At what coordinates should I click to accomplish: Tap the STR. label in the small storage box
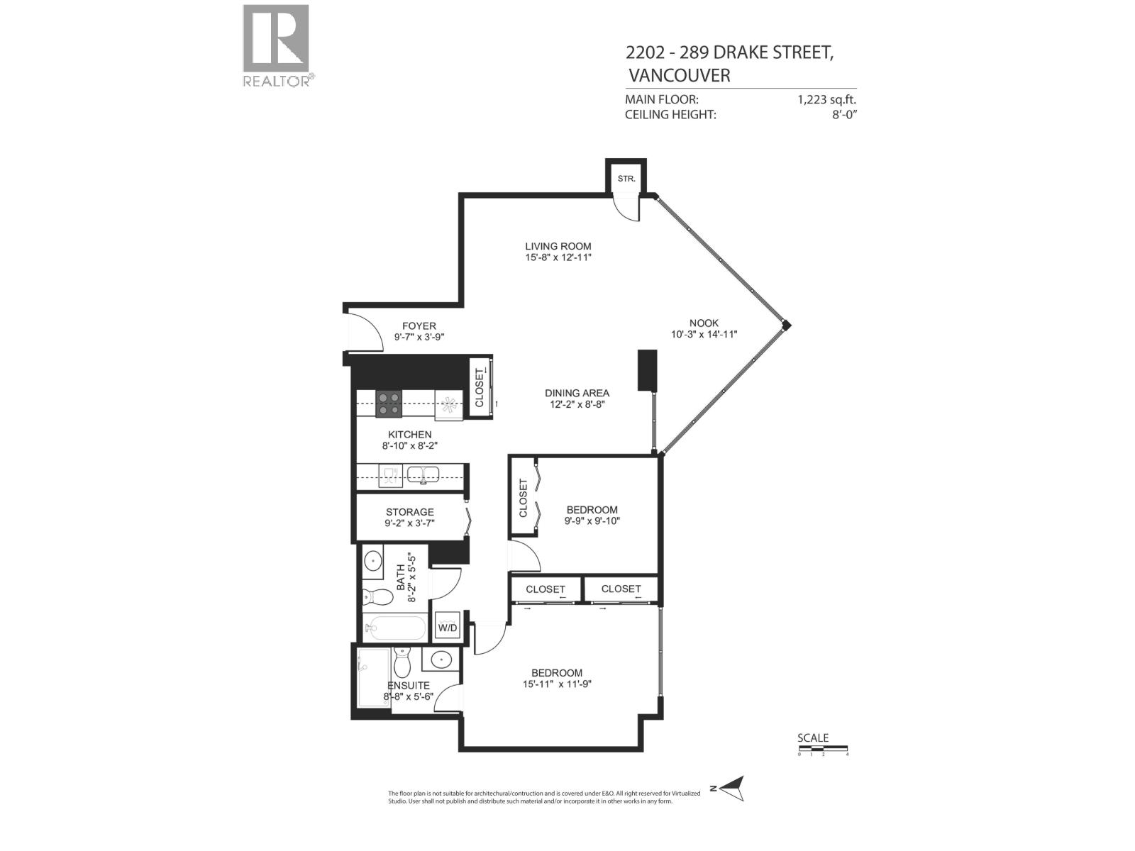(x=626, y=179)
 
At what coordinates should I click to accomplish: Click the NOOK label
(x=704, y=323)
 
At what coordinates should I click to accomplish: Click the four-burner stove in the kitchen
(x=388, y=404)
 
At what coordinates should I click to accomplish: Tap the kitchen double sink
(x=423, y=474)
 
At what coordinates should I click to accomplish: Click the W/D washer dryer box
(x=448, y=628)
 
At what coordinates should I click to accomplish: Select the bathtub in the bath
(x=394, y=628)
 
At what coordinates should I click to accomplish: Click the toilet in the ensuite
(x=402, y=662)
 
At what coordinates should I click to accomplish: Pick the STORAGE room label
(x=409, y=512)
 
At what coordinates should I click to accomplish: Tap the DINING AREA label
(x=577, y=393)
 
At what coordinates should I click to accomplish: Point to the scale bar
(x=822, y=748)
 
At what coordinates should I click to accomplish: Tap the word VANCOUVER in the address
(x=679, y=75)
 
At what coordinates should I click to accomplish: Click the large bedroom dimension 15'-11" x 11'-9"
(x=556, y=684)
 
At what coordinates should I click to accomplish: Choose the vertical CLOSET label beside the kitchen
(x=479, y=389)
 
